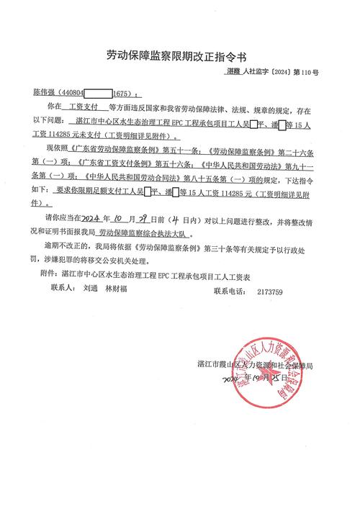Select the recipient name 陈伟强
pyautogui.click(x=43, y=94)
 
